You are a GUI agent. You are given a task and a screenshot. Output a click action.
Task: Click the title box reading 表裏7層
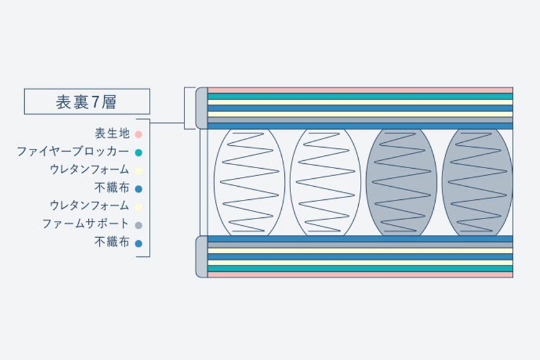coord(87,101)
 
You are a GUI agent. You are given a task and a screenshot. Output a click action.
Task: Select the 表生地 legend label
coord(112,133)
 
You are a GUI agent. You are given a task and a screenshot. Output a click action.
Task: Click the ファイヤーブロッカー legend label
coord(73,151)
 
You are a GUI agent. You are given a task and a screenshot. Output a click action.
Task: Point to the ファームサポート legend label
coord(86,223)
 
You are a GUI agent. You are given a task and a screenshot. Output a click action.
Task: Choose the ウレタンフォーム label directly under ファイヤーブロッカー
coord(89,169)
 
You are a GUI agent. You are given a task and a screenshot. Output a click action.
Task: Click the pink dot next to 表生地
coord(138,134)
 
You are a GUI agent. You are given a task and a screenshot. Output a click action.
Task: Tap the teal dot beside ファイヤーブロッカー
coord(138,153)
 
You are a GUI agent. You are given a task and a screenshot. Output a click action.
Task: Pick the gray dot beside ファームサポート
coord(138,225)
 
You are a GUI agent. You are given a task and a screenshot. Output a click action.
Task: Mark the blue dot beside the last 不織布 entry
coord(138,243)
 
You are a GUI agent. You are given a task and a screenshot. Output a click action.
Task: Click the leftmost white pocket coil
coord(250,182)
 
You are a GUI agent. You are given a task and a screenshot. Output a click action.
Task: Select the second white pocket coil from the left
coord(325,182)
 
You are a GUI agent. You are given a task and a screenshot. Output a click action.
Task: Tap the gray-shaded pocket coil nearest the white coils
coord(402,182)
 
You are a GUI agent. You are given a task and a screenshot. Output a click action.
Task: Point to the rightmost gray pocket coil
coord(477,182)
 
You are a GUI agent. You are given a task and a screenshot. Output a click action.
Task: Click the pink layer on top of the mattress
coord(360,90)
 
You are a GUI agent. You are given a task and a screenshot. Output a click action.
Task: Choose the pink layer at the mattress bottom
coord(360,274)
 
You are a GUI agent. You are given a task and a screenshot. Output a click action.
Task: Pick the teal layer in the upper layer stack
coord(360,96)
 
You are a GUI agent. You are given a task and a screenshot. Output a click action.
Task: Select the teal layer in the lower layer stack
coord(360,269)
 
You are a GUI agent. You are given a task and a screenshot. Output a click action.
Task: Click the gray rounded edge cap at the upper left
coord(202,108)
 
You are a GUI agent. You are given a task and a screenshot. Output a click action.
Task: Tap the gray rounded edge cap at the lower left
coord(202,256)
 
